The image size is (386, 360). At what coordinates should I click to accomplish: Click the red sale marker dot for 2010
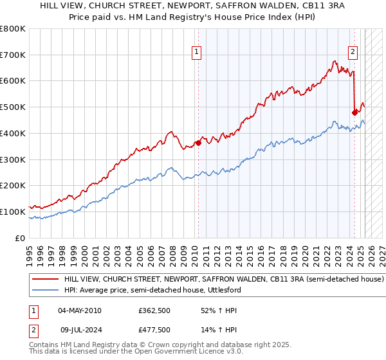(198, 143)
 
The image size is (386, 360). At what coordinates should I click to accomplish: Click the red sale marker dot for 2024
(354, 113)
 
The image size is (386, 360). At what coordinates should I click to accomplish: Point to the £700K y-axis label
(13, 55)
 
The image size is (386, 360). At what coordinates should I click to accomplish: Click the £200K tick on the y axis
(13, 186)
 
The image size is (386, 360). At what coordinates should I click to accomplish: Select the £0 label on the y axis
(19, 238)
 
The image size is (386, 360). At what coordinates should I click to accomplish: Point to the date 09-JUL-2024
(78, 330)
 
